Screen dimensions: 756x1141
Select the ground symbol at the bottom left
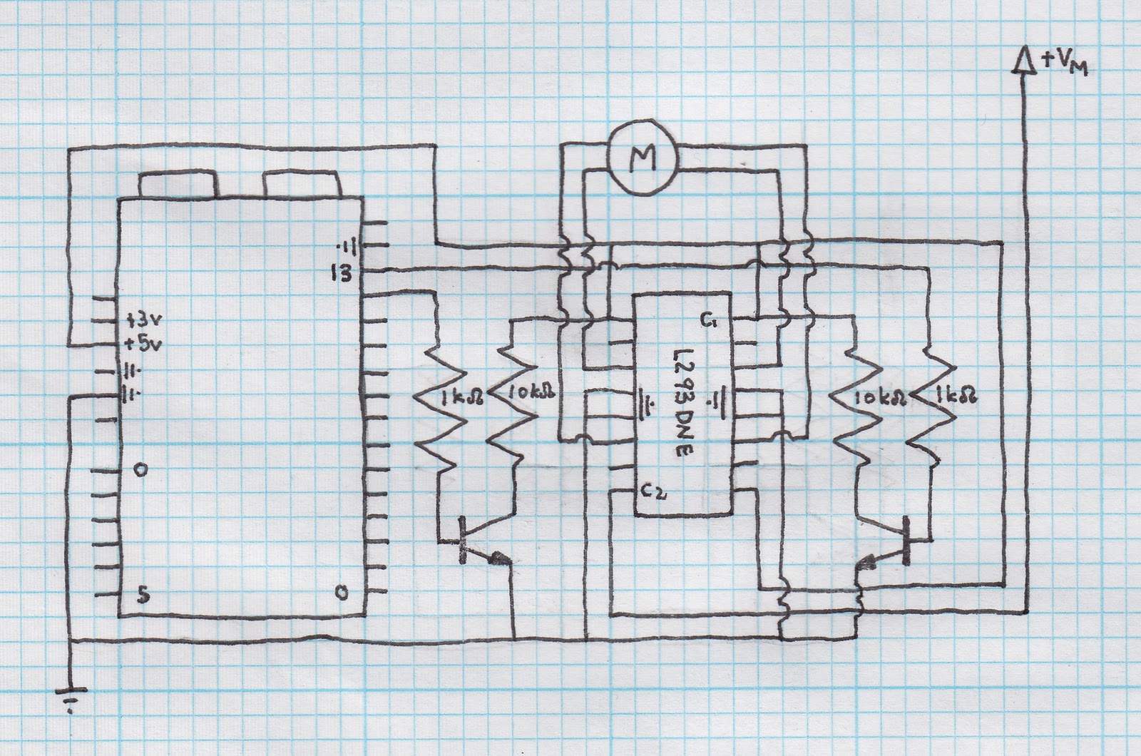(70, 698)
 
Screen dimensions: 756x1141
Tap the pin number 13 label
(341, 272)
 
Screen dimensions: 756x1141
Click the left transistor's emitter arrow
(499, 558)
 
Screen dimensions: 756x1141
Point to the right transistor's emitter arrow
(869, 561)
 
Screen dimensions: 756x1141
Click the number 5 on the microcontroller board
(142, 596)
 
